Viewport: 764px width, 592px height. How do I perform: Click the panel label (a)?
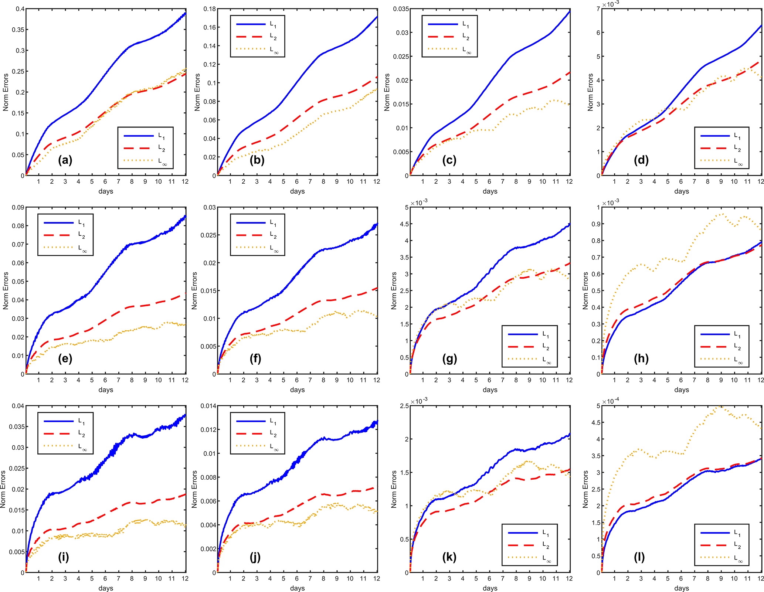coord(65,160)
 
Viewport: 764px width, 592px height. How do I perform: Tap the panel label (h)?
coord(641,358)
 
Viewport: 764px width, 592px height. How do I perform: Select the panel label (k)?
coord(449,557)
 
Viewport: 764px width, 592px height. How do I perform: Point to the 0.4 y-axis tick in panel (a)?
coord(20,9)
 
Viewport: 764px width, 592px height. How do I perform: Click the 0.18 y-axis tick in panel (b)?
coord(210,9)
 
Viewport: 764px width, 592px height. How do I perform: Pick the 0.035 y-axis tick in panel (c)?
coord(401,9)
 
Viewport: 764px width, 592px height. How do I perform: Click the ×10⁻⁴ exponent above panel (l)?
coord(611,401)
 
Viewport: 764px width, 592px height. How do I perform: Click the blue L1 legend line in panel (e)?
coord(59,223)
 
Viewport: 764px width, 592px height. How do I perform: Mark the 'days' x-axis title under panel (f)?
coord(297,389)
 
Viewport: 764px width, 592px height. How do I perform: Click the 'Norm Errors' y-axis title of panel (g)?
coord(394,290)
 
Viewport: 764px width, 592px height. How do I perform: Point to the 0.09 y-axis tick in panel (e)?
coord(18,207)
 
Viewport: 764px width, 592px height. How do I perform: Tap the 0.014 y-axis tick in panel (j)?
coord(208,406)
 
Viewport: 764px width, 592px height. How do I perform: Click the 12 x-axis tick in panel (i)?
coord(185,578)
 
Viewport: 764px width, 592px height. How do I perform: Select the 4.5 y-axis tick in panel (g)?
coord(404,224)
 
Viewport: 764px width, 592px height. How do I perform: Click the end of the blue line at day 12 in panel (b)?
coord(377,17)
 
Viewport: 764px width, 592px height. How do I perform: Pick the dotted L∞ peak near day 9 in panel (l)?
coord(720,407)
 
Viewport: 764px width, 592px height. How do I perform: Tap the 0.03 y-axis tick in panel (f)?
coord(210,207)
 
